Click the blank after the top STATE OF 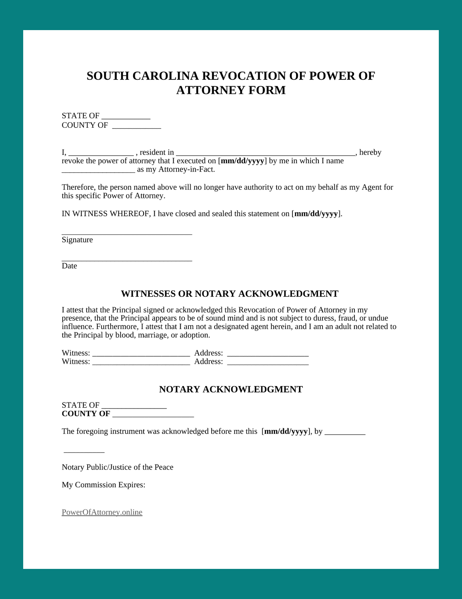(126, 117)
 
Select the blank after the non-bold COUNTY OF (136, 126)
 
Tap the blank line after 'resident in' (265, 153)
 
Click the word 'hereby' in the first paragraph (370, 152)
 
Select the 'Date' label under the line (69, 266)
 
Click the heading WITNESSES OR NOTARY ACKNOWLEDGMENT (229, 294)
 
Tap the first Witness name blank (141, 354)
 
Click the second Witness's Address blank (268, 362)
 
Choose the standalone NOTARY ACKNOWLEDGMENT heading (231, 389)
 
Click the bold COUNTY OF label (86, 414)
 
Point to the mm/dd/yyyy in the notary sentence (286, 431)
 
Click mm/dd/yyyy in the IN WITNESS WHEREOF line (316, 214)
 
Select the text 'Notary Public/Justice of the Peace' (117, 467)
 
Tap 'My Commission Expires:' (103, 485)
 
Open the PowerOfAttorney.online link (102, 512)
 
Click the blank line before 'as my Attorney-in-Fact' (98, 170)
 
